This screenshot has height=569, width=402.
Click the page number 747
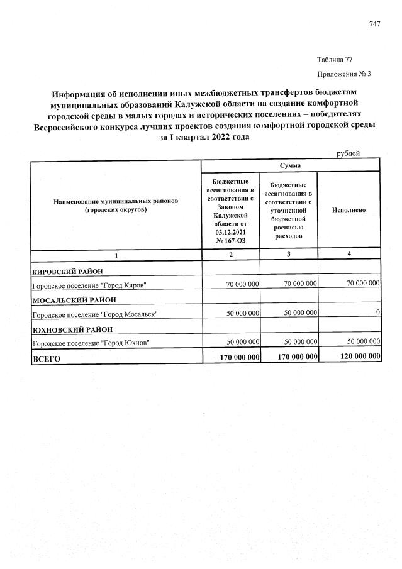tap(375, 24)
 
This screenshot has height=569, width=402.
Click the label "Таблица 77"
tap(334, 60)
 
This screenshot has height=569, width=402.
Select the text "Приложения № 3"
tap(345, 74)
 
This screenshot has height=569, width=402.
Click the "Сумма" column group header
tap(290, 165)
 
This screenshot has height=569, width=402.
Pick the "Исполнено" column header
tap(349, 209)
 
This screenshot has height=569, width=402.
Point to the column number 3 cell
tap(289, 253)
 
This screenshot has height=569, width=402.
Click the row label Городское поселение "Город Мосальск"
tap(94, 314)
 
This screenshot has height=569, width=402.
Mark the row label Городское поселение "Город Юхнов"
tap(91, 342)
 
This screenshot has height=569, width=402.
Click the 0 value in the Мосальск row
tap(377, 313)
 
